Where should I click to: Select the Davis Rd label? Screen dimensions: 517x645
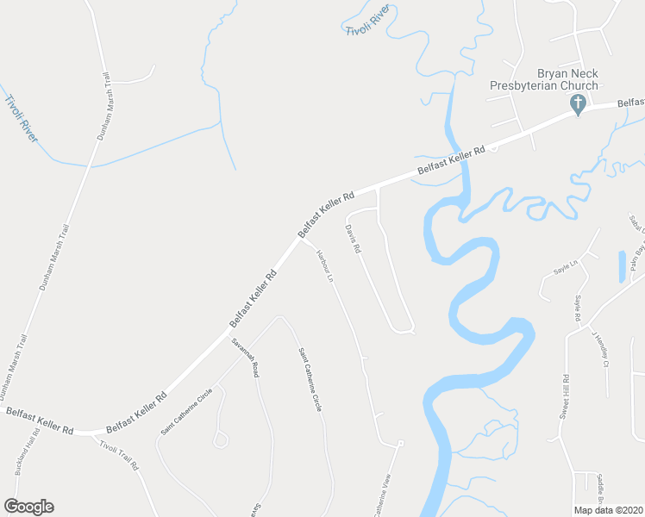(352, 239)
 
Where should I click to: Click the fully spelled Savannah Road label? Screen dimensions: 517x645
(244, 355)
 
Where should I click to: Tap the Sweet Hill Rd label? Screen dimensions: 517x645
(566, 396)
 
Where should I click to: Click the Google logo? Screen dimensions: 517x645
(28, 507)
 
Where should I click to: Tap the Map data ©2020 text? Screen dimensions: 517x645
(609, 510)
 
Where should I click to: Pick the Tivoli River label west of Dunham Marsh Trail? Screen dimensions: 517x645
(22, 119)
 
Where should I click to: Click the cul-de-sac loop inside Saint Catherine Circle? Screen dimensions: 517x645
(221, 440)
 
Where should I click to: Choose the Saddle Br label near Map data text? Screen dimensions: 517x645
(603, 489)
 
